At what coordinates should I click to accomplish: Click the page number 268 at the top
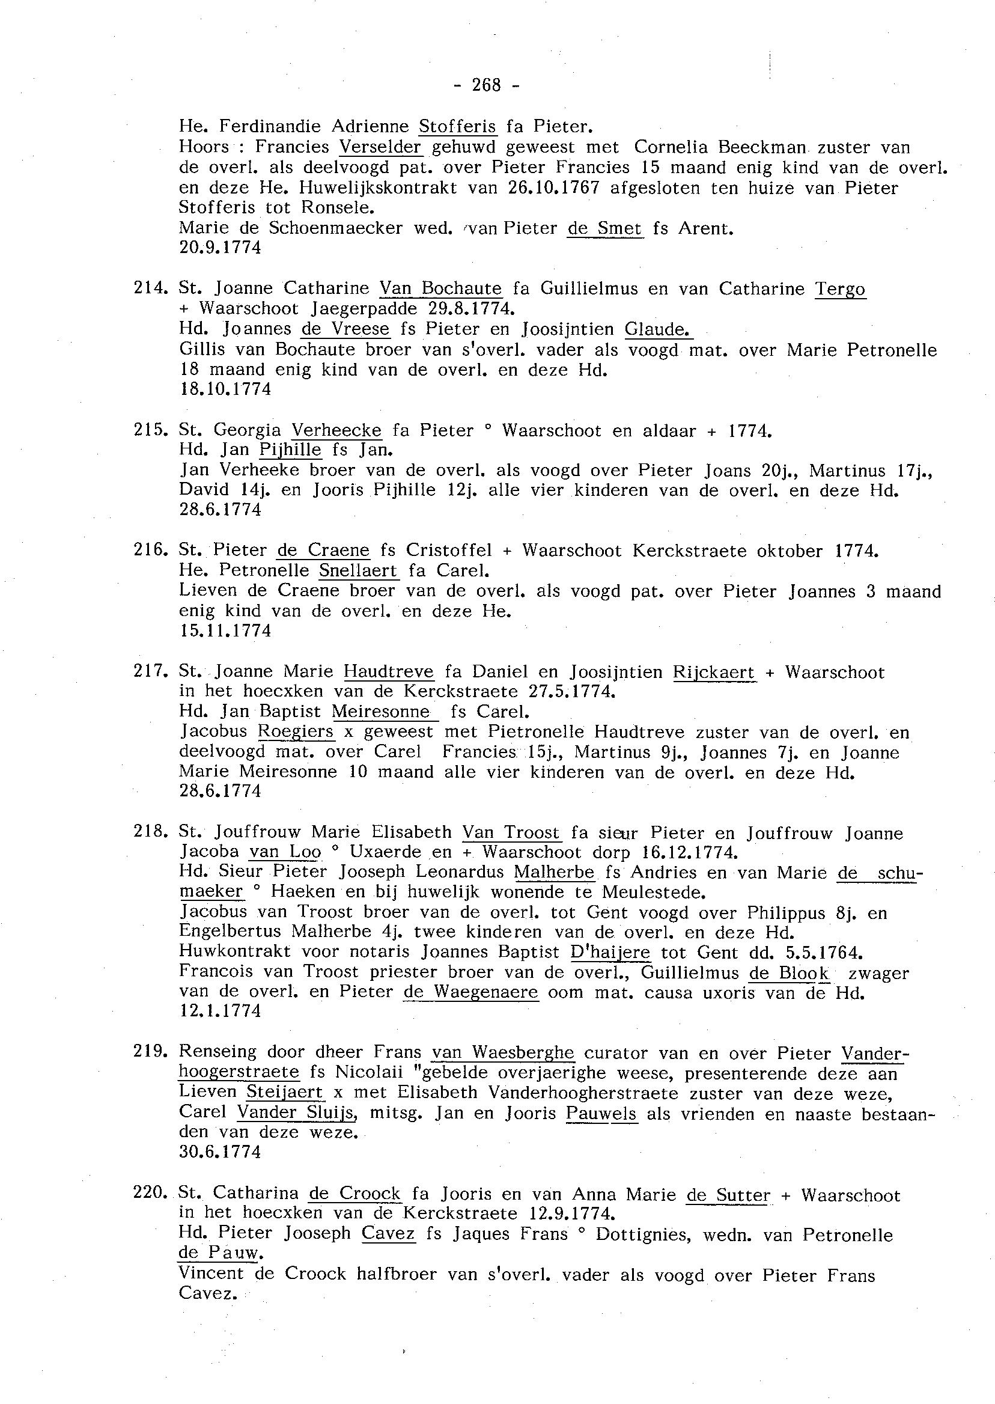coord(487,85)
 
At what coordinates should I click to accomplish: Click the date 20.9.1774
coord(220,248)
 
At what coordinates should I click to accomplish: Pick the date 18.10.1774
coord(225,389)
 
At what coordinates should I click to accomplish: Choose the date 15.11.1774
coord(225,630)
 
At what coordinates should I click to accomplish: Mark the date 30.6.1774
coord(220,1152)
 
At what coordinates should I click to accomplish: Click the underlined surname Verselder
coord(380,147)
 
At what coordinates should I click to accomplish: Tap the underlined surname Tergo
coord(840,288)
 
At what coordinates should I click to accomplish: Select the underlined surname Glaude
coord(657,330)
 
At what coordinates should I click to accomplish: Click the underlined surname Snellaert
coord(359,570)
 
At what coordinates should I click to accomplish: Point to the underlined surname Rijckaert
coord(714,673)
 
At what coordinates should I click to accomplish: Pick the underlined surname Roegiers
coord(296,731)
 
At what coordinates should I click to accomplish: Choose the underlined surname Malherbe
coord(554,872)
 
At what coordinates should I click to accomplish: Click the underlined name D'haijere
coord(610,953)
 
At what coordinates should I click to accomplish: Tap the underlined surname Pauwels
coord(601,1114)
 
